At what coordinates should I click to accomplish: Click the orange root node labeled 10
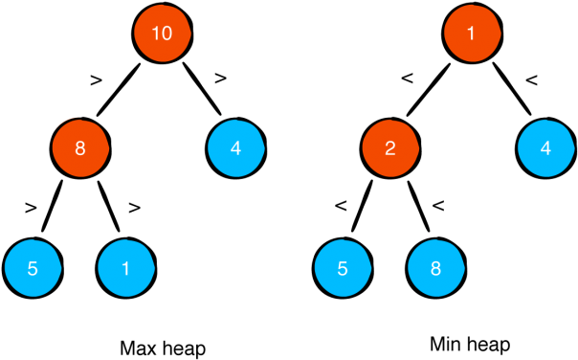pyautogui.click(x=163, y=34)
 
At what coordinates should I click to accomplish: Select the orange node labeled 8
pyautogui.click(x=80, y=149)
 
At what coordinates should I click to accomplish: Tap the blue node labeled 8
pyautogui.click(x=435, y=268)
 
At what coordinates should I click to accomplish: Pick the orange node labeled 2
pyautogui.click(x=390, y=149)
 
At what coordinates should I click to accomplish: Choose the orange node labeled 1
pyautogui.click(x=472, y=34)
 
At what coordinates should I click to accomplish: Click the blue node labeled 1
pyautogui.click(x=125, y=268)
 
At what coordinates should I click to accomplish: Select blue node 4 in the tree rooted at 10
pyautogui.click(x=235, y=148)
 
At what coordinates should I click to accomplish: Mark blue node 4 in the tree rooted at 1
pyautogui.click(x=545, y=148)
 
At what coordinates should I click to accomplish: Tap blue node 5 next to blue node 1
pyautogui.click(x=33, y=268)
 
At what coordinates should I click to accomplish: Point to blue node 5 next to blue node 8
pyautogui.click(x=343, y=268)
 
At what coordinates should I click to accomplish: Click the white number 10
pyautogui.click(x=163, y=34)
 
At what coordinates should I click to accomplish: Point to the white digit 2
pyautogui.click(x=390, y=149)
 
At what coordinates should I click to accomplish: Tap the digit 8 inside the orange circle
pyautogui.click(x=80, y=149)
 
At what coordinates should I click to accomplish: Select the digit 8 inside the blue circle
pyautogui.click(x=435, y=268)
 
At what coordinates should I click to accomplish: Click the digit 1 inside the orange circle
pyautogui.click(x=472, y=34)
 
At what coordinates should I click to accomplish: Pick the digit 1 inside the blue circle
pyautogui.click(x=125, y=268)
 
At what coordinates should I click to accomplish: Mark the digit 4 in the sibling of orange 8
pyautogui.click(x=235, y=148)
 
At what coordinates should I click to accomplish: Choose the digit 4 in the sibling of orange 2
pyautogui.click(x=545, y=148)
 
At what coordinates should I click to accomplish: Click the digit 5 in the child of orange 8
pyautogui.click(x=33, y=268)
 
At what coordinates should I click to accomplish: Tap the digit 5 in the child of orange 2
pyautogui.click(x=343, y=268)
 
